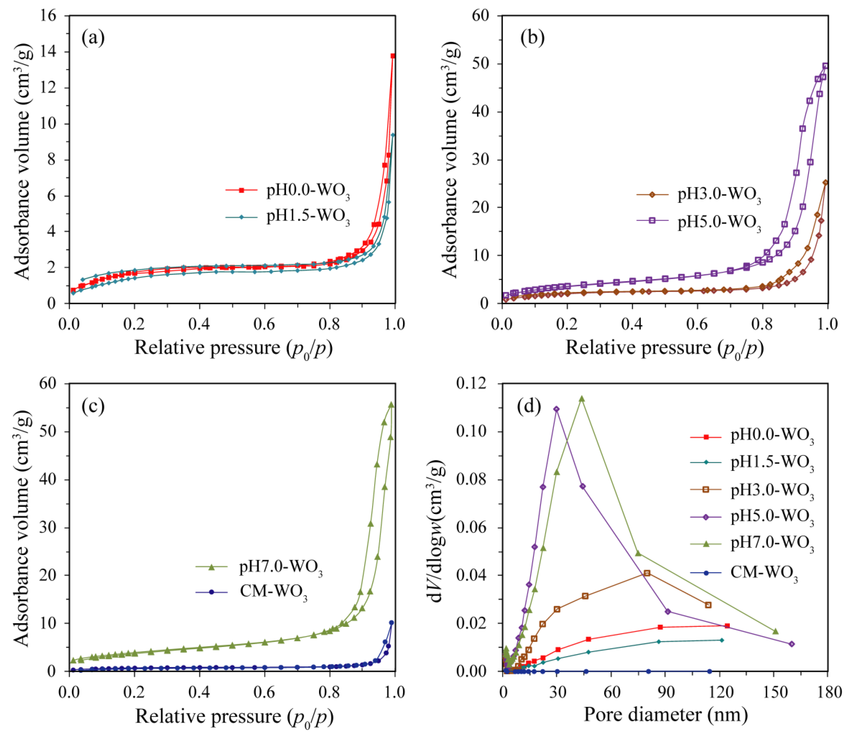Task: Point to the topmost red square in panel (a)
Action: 393,56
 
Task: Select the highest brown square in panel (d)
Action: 647,573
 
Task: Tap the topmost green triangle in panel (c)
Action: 391,405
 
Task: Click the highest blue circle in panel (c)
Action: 391,623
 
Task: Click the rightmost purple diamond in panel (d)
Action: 792,644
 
